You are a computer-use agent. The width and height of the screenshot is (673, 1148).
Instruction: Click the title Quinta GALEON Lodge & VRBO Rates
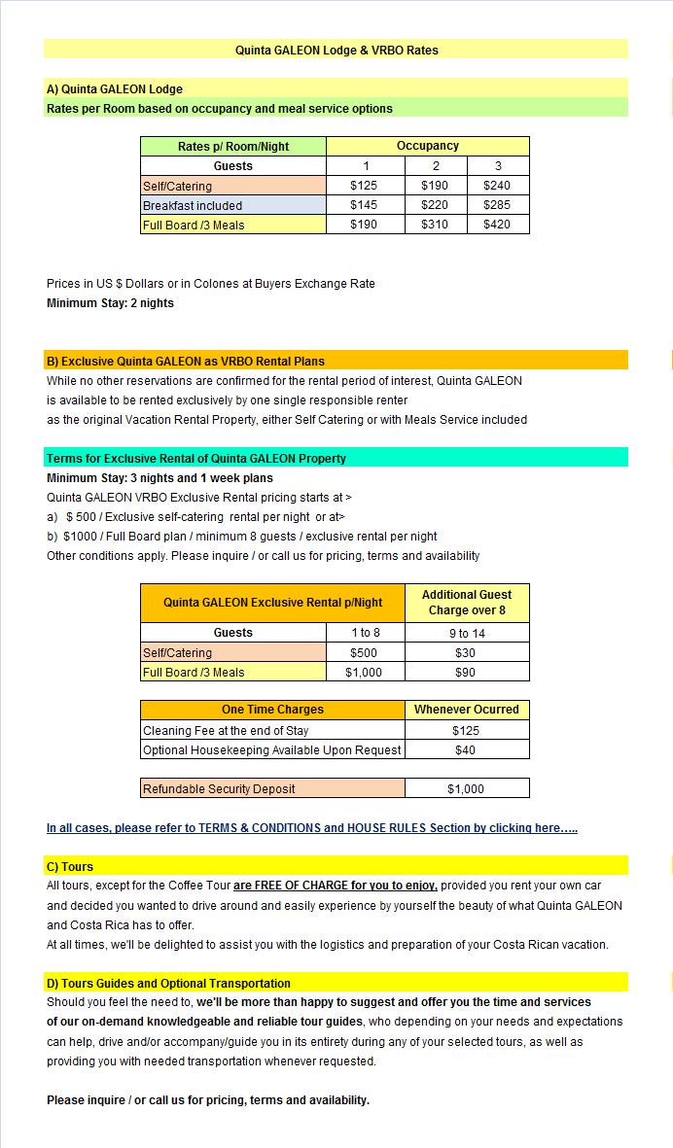(x=336, y=50)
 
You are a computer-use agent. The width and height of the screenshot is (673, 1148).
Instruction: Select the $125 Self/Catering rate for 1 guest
(x=366, y=186)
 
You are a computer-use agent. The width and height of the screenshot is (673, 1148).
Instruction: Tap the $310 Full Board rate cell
(x=436, y=225)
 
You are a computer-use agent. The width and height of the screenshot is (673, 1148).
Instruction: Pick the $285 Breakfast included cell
(x=498, y=205)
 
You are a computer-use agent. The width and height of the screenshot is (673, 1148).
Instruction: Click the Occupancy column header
(x=428, y=146)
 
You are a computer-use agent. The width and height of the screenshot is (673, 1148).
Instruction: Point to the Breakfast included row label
(x=193, y=205)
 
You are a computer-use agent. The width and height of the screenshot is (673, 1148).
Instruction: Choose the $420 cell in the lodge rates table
(x=498, y=225)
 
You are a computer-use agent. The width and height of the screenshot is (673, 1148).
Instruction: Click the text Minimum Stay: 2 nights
(x=111, y=303)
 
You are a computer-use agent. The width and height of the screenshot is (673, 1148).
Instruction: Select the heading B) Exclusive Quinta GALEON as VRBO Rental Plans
(x=186, y=362)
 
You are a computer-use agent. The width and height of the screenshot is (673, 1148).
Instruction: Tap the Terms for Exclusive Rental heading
(x=196, y=459)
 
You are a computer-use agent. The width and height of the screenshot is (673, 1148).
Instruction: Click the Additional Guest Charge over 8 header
(x=467, y=603)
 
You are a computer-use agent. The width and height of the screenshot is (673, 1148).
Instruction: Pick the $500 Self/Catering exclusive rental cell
(x=364, y=653)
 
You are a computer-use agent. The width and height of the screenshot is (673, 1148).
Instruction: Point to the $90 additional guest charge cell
(x=466, y=673)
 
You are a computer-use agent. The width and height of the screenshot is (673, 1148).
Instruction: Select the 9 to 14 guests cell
(x=466, y=633)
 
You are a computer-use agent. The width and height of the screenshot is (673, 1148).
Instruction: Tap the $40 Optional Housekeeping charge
(x=466, y=749)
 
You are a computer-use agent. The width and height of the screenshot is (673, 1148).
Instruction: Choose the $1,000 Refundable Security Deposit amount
(x=466, y=789)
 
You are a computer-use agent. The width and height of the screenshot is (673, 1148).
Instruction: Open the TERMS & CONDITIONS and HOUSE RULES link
(x=312, y=828)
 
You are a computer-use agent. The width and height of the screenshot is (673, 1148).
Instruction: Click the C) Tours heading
(x=70, y=867)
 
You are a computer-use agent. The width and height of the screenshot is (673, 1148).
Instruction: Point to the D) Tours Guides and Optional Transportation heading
(x=168, y=984)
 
